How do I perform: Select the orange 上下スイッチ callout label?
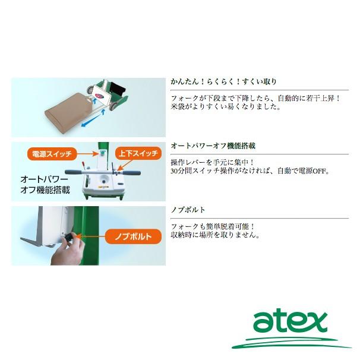click(137, 153)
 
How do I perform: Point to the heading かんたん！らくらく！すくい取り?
click(215, 82)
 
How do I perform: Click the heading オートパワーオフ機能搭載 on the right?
click(209, 146)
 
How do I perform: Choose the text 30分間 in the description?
click(181, 171)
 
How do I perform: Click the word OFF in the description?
click(320, 171)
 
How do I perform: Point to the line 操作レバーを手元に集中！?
click(212, 162)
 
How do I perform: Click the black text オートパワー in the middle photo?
click(45, 178)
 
